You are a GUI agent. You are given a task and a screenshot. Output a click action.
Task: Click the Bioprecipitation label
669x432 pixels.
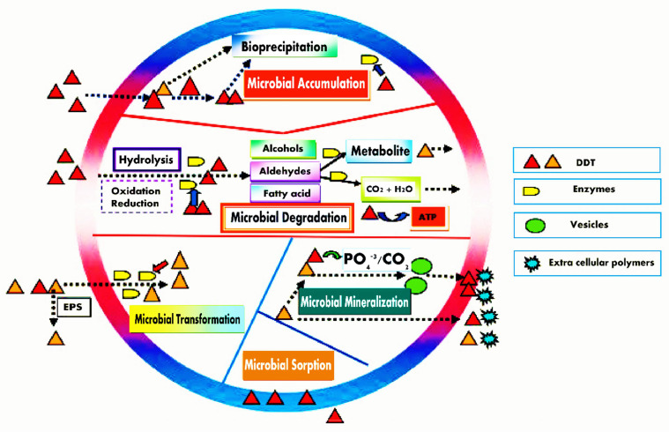point(279,48)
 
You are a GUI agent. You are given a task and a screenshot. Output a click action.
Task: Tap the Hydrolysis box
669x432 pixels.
point(146,160)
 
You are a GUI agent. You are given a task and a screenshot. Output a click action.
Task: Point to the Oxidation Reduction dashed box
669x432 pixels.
point(136,195)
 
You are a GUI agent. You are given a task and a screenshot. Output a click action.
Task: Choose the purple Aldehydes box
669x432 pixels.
point(282,170)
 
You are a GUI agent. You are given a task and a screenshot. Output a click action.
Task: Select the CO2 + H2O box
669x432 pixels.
point(393,188)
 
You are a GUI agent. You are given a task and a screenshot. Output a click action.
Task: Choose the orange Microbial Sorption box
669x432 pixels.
point(287,363)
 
